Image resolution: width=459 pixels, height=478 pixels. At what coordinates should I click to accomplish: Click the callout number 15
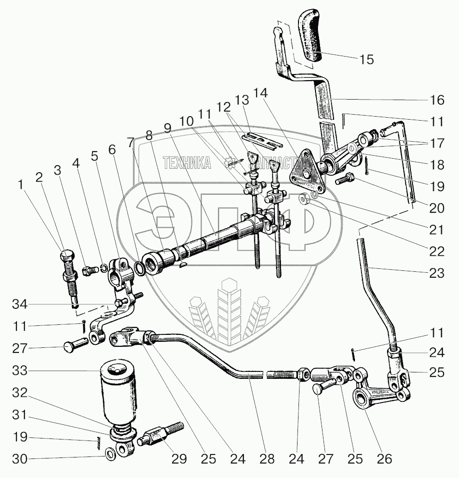(366, 60)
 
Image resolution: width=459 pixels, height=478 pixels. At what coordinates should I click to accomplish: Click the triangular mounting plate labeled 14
(305, 172)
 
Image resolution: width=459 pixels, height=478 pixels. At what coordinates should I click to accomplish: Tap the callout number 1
(20, 185)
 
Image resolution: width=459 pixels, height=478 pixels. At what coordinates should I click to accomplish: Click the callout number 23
(436, 273)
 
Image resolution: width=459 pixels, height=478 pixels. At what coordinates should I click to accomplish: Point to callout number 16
(436, 101)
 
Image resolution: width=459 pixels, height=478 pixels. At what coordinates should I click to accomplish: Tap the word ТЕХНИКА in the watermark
(186, 162)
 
